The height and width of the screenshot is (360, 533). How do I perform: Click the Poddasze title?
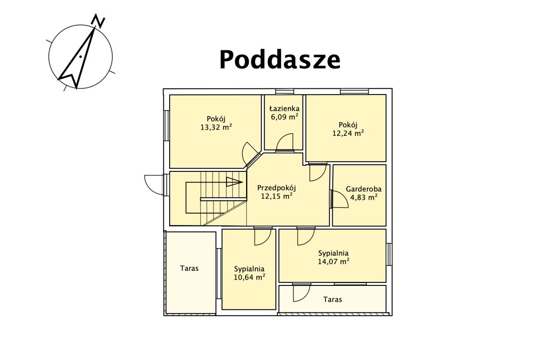[x=280, y=59]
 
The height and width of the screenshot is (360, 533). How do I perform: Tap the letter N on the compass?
[x=98, y=21]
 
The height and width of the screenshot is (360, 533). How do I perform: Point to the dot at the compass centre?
[x=81, y=56]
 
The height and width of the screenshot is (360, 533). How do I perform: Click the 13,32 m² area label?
[x=216, y=127]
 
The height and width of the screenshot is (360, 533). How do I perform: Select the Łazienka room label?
[x=284, y=109]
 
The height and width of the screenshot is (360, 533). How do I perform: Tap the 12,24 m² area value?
[x=348, y=133]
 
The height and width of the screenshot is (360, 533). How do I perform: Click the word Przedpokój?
[x=276, y=188]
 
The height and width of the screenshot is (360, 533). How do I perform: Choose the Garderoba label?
[x=364, y=189]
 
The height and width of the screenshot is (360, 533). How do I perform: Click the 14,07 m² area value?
[x=334, y=261]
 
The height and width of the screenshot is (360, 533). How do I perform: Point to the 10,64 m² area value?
[x=249, y=277]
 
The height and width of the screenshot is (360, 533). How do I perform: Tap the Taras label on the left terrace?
[x=189, y=268]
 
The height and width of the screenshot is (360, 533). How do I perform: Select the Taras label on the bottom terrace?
[x=332, y=299]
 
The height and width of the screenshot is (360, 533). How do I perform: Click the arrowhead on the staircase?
[x=235, y=182]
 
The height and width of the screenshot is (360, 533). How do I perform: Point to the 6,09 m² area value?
[x=284, y=117]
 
